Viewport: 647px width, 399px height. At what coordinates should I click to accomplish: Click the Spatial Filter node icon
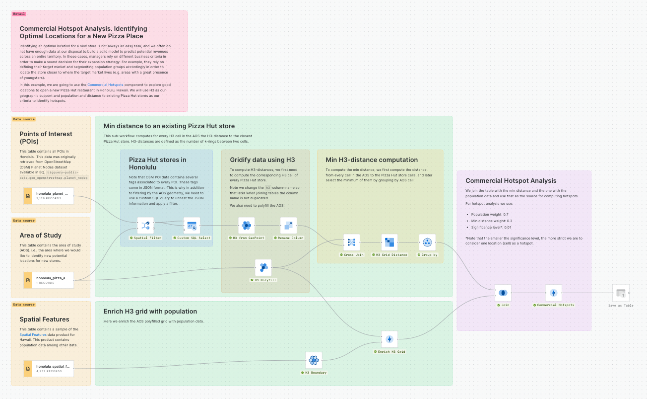(145, 226)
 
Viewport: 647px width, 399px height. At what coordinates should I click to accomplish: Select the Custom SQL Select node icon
(192, 226)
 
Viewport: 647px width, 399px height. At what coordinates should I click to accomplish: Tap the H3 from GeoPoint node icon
(247, 226)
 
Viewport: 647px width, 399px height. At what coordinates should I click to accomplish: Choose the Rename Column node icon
(288, 226)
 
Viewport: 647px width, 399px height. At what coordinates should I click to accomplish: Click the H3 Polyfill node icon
(263, 268)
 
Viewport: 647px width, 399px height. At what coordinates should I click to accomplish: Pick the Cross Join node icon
(351, 242)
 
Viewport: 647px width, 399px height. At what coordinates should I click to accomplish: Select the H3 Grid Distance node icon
(389, 242)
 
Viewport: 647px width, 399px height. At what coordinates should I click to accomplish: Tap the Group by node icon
(427, 242)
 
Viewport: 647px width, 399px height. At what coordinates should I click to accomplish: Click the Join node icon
(503, 293)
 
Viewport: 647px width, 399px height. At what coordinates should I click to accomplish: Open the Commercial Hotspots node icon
(553, 293)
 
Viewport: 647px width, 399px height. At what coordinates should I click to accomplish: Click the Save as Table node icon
(620, 293)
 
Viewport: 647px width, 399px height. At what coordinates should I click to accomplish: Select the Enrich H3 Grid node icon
(389, 339)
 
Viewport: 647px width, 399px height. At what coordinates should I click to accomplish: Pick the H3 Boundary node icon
(314, 360)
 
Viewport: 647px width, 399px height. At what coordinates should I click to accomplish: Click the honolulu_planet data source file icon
(28, 196)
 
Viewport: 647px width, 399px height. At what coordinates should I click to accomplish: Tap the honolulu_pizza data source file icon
(28, 280)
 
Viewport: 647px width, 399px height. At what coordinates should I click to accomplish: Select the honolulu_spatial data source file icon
(28, 369)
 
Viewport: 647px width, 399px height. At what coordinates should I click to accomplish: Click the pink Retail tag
(19, 14)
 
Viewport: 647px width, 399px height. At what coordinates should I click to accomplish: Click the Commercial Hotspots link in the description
(105, 85)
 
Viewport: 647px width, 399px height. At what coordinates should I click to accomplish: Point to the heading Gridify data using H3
(262, 160)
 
